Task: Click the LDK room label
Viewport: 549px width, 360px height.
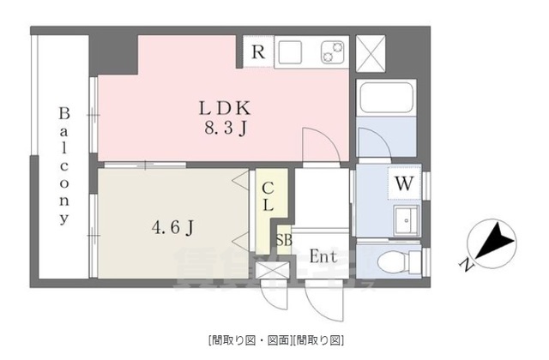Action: click(224, 109)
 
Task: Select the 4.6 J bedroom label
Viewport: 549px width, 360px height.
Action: click(172, 227)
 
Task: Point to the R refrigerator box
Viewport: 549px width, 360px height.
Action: click(257, 51)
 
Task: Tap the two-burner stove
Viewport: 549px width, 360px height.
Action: click(331, 53)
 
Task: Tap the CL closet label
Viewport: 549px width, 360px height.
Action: click(268, 198)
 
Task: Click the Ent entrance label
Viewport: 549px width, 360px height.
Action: click(323, 256)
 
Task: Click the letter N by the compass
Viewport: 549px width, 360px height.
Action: click(464, 264)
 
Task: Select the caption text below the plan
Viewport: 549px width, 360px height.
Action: click(274, 339)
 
